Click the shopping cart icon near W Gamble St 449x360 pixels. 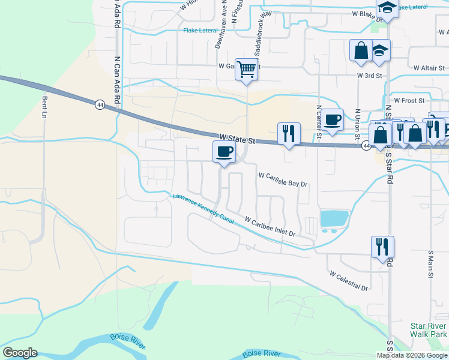(x=246, y=70)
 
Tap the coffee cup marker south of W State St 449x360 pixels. (x=224, y=151)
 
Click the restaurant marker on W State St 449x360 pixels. (x=288, y=133)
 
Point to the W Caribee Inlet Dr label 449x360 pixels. (x=270, y=226)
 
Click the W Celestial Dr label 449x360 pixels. (x=348, y=281)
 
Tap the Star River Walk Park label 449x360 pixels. (x=429, y=330)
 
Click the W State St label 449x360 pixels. (x=238, y=139)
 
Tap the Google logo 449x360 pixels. (x=20, y=353)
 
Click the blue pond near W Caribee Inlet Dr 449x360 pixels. (x=334, y=218)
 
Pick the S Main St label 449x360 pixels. (x=431, y=265)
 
